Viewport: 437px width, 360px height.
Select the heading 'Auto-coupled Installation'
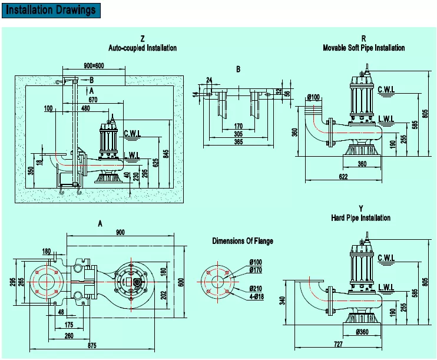pos(143,48)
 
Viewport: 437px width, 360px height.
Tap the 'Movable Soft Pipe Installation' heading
pos(364,48)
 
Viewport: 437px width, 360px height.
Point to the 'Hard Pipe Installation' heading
pos(360,217)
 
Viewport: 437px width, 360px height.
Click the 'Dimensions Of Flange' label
pos(243,241)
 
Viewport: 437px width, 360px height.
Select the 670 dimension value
pos(93,100)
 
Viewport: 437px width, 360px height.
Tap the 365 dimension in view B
pos(237,141)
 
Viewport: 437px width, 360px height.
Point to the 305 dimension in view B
pos(237,133)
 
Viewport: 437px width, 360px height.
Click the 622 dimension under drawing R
pos(343,176)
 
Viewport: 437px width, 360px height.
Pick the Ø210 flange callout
pos(256,288)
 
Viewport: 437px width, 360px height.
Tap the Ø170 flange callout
pos(256,270)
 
